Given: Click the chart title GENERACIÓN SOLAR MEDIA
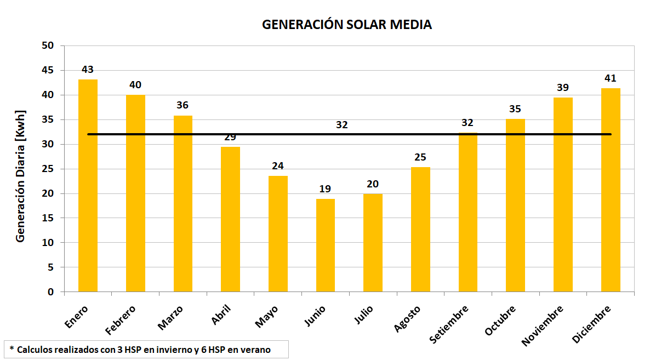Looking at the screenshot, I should coord(346,25).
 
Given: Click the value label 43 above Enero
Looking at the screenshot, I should coord(88,70).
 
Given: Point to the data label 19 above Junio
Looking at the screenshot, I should coord(325,189).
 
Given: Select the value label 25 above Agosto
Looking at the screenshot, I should coord(420,157).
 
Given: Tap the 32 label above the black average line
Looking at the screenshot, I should coord(342,125).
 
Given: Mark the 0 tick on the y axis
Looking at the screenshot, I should coord(51,292).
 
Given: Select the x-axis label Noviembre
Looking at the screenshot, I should coord(543,325).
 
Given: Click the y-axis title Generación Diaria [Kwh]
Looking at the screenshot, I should coord(21,183).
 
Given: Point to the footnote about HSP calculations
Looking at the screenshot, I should coord(145,349).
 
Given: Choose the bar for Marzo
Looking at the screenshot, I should coord(183,203).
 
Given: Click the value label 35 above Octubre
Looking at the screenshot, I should coord(515,109).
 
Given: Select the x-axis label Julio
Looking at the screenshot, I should coord(364,316).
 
